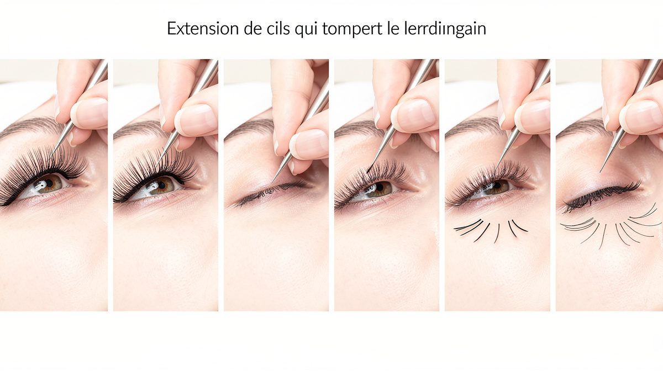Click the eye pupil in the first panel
coord(49,183)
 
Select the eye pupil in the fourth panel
coord(379,187)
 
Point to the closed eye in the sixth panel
coord(601,195)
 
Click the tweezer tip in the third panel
coord(272,181)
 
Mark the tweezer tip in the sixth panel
coord(601,171)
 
